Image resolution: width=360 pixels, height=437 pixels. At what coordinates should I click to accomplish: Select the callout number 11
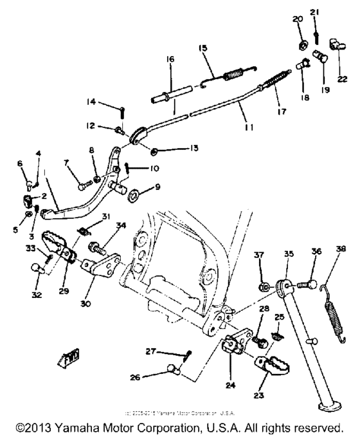[x=249, y=127]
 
